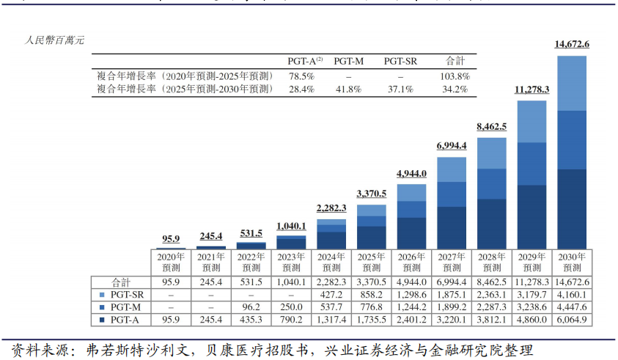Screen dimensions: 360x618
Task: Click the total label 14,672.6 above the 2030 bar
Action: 572,45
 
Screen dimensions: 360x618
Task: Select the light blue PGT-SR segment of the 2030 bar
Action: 572,83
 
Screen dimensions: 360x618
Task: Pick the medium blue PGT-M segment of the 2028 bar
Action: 491,184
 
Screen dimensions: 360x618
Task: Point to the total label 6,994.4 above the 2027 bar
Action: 452,146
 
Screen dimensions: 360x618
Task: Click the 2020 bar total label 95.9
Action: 170,239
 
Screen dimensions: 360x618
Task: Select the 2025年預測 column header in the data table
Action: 372,262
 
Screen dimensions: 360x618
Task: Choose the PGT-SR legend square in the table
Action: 102,294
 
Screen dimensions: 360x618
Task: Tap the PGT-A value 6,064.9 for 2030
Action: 572,320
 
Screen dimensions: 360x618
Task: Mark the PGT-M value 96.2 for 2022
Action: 251,307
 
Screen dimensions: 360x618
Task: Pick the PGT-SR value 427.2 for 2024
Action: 331,294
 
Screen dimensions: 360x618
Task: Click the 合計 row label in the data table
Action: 121,282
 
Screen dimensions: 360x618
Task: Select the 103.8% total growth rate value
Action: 455,76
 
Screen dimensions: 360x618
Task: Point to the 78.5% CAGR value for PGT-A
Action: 301,76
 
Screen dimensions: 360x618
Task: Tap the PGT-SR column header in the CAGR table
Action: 400,62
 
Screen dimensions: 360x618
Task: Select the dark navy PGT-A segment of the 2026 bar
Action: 411,233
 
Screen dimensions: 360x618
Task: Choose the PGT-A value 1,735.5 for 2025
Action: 372,320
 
